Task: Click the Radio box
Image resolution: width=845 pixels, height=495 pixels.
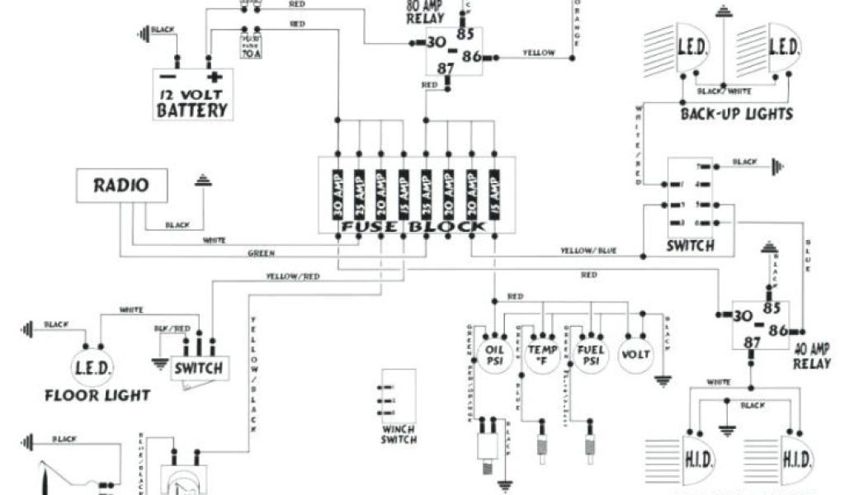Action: click(121, 186)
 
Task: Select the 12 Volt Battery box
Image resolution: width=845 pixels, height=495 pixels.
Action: click(193, 95)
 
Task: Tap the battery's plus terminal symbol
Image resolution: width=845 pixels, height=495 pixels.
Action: click(215, 78)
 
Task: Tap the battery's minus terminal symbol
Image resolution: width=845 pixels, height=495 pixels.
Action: click(175, 78)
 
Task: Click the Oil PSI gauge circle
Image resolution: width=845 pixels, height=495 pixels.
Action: click(494, 353)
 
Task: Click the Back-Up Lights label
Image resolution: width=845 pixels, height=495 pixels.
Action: click(736, 114)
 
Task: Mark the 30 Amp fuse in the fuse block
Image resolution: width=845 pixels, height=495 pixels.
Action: click(338, 193)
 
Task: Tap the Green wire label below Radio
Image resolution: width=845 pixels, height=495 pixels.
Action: click(261, 253)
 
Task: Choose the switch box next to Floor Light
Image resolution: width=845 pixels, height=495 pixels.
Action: click(198, 367)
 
